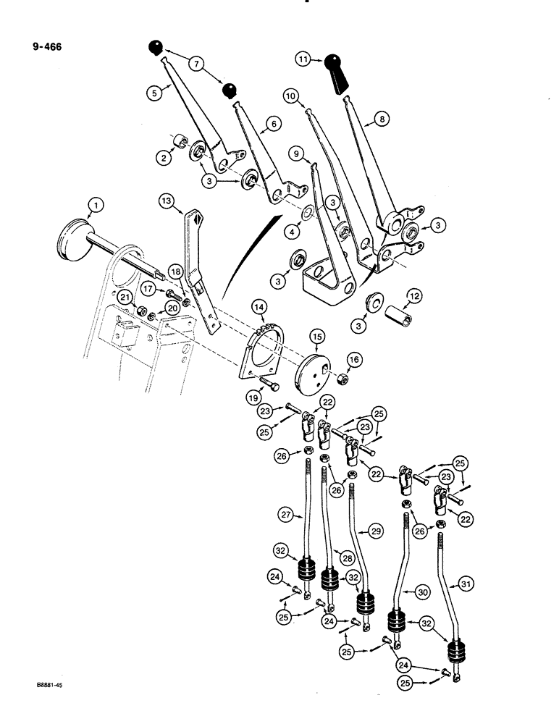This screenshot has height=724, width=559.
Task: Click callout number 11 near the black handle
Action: coord(304,58)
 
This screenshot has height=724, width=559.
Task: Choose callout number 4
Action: coord(293,233)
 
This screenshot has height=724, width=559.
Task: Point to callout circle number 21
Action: coord(125,296)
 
